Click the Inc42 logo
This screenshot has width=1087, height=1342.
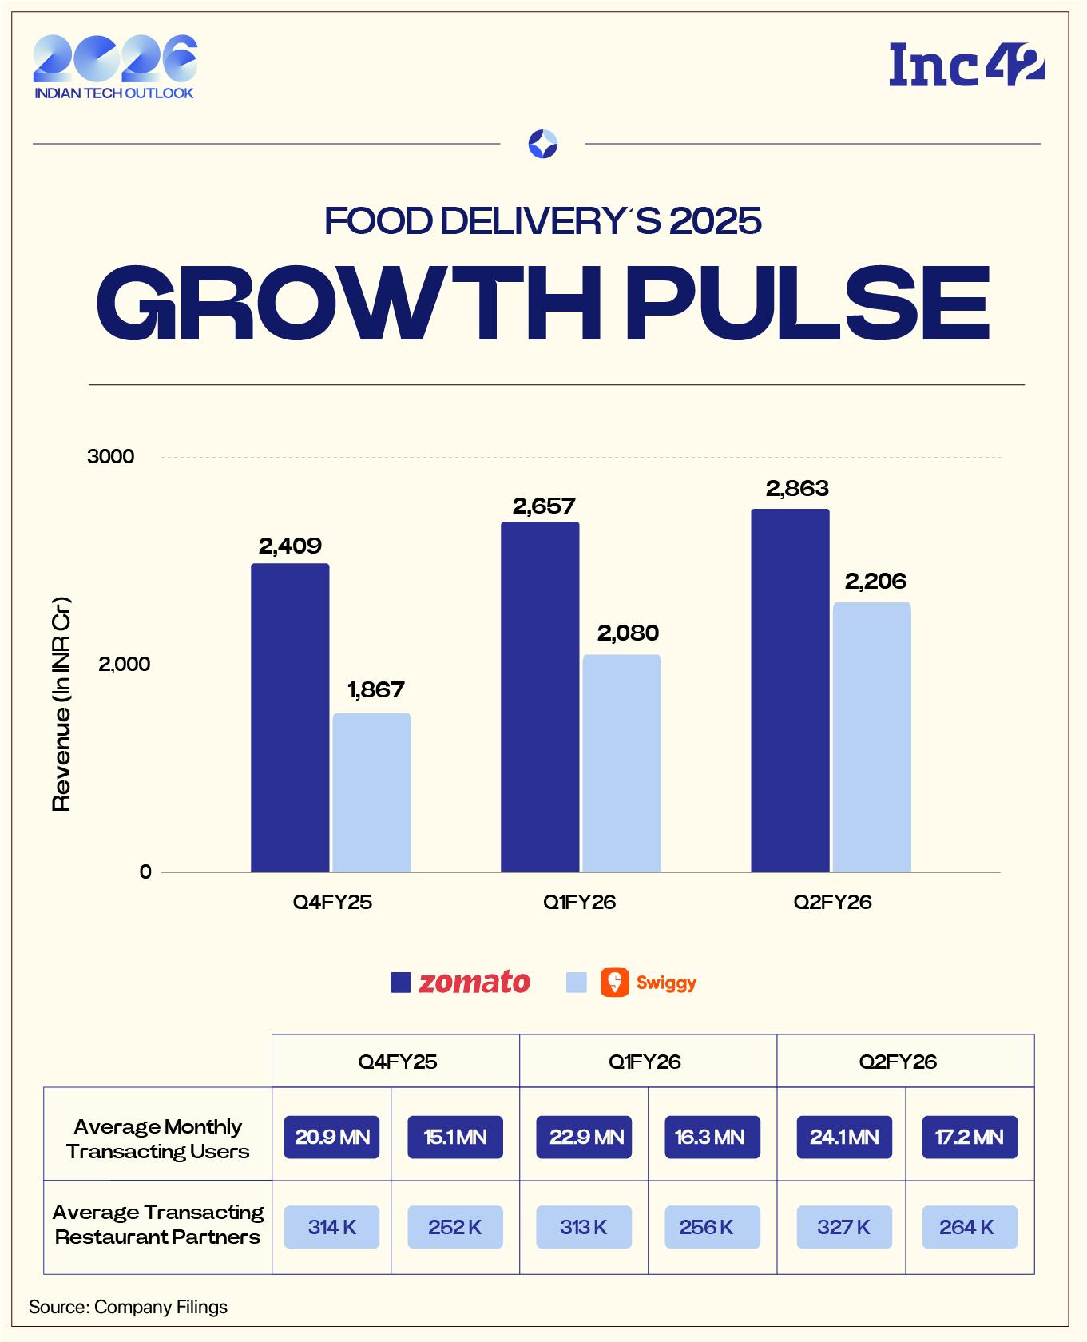(x=966, y=66)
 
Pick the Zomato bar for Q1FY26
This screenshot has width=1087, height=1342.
(x=540, y=697)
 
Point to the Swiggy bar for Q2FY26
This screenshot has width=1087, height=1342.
(x=871, y=737)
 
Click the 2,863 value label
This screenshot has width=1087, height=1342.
(x=797, y=489)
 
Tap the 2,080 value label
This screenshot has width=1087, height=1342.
(x=628, y=633)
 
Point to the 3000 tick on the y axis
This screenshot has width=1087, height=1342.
(x=111, y=457)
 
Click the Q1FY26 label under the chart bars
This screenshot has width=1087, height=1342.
(x=579, y=902)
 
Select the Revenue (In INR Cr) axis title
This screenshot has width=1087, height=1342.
(x=61, y=704)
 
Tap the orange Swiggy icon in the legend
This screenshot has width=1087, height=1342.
(x=614, y=982)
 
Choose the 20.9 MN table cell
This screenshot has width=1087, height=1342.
(x=331, y=1137)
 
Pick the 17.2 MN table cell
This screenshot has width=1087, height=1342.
(x=969, y=1137)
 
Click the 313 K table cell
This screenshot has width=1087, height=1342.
(x=583, y=1227)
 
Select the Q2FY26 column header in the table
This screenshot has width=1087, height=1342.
(x=898, y=1062)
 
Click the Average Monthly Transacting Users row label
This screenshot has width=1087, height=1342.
(x=158, y=1138)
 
